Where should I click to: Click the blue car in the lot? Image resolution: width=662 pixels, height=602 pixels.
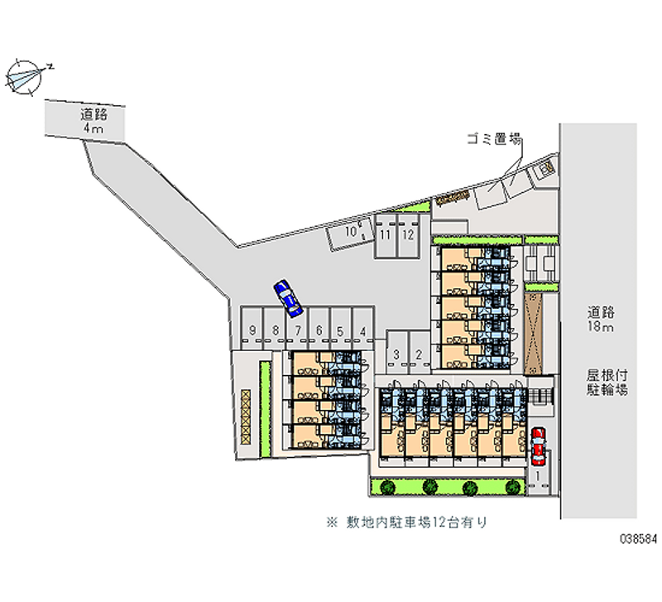pyautogui.click(x=289, y=297)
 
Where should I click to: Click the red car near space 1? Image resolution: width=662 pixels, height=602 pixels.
pyautogui.click(x=539, y=445)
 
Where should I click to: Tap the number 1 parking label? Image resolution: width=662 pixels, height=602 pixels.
pyautogui.click(x=538, y=476)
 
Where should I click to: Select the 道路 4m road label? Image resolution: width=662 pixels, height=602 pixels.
pyautogui.click(x=92, y=121)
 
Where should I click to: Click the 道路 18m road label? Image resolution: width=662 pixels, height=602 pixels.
pyautogui.click(x=601, y=320)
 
